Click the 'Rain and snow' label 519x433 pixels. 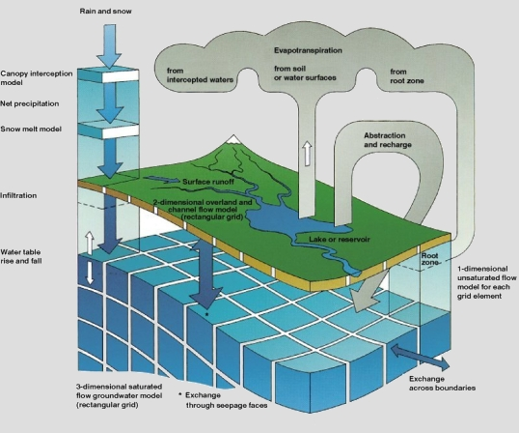click(x=105, y=11)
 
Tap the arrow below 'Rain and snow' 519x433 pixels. click(x=109, y=46)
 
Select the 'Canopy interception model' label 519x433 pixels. click(x=37, y=78)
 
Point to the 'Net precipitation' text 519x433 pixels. click(x=30, y=103)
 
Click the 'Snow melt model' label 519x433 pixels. click(x=31, y=129)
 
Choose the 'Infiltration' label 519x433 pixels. click(x=18, y=195)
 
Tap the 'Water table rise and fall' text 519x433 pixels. click(x=21, y=256)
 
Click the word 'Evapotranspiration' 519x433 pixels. click(x=308, y=50)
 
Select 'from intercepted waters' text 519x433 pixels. click(x=200, y=75)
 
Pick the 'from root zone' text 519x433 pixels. click(x=407, y=76)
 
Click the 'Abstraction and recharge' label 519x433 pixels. click(x=388, y=140)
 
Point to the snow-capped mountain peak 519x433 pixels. click(x=233, y=139)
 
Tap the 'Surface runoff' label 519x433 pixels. click(x=208, y=182)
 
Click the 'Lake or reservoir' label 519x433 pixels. click(x=340, y=239)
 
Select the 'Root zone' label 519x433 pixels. click(x=429, y=259)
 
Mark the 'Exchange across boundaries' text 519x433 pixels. click(x=442, y=384)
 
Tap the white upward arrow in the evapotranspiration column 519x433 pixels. click(x=308, y=153)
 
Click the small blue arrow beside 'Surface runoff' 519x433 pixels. click(x=161, y=180)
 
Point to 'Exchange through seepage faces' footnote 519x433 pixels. click(x=223, y=400)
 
